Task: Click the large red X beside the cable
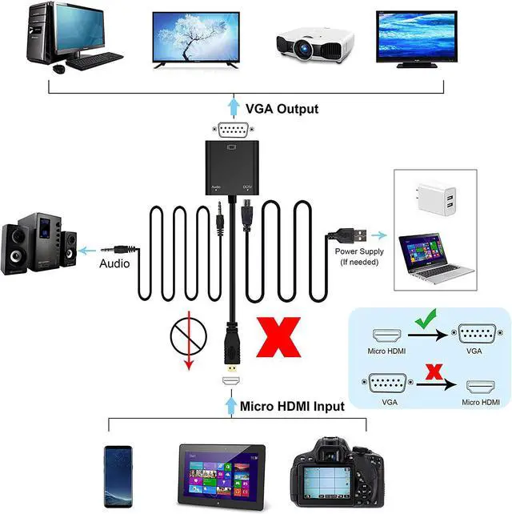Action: pos(278,336)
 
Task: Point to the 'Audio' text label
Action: pos(115,263)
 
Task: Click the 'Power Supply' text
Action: pos(359,251)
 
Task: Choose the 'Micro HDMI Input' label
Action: pos(292,407)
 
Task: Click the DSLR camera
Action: pos(334,473)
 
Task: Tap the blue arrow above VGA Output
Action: pos(233,106)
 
